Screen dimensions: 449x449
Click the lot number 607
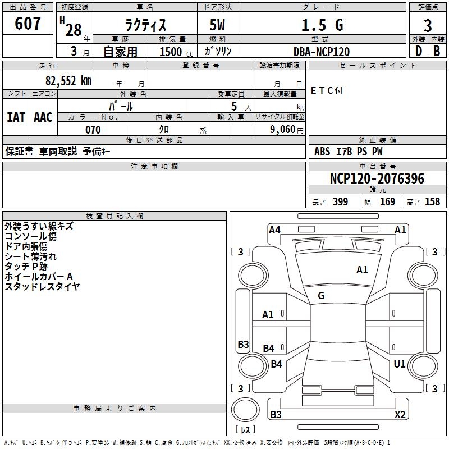[29, 24]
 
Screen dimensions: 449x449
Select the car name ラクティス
[144, 25]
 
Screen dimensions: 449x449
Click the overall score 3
[428, 26]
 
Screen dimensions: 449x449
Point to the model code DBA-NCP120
[322, 52]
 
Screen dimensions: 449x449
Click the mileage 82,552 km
[68, 80]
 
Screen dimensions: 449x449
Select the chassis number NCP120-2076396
[377, 178]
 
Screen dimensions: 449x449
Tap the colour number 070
[93, 130]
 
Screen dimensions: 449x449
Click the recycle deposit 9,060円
[286, 130]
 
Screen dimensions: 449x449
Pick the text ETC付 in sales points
[327, 90]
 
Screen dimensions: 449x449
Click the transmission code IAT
[16, 117]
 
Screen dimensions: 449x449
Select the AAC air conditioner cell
[43, 117]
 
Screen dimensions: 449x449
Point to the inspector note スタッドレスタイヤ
[43, 287]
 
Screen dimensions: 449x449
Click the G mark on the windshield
[321, 296]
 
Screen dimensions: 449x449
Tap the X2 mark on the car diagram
[400, 415]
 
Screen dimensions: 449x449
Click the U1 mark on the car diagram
[400, 364]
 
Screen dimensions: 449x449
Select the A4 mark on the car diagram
[274, 230]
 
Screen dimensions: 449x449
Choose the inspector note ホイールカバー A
[39, 277]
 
